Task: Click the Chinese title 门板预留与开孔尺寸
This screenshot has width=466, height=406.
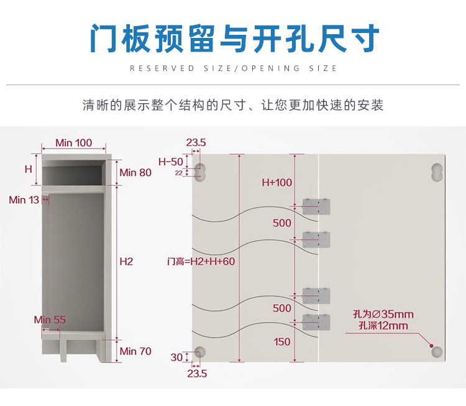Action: [233, 39]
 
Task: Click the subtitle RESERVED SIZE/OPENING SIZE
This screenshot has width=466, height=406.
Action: [233, 68]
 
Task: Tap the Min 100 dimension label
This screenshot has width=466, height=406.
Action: [73, 143]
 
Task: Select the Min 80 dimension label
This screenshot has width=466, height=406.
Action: [135, 172]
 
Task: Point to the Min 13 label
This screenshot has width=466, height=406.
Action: [24, 200]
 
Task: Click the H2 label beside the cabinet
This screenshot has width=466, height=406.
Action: [126, 262]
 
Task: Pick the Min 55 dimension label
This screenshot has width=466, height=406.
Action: [50, 320]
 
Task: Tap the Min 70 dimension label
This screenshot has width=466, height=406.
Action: [135, 351]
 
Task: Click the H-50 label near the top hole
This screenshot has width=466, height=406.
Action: [171, 162]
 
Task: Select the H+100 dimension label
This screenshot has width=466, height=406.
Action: [276, 183]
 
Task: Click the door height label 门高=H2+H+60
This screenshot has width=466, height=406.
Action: [201, 262]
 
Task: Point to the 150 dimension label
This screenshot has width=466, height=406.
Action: [282, 341]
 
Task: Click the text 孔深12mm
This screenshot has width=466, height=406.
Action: [383, 326]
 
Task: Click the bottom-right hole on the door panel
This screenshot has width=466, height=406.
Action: [436, 352]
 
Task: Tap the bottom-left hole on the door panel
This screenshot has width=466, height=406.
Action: [199, 352]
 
